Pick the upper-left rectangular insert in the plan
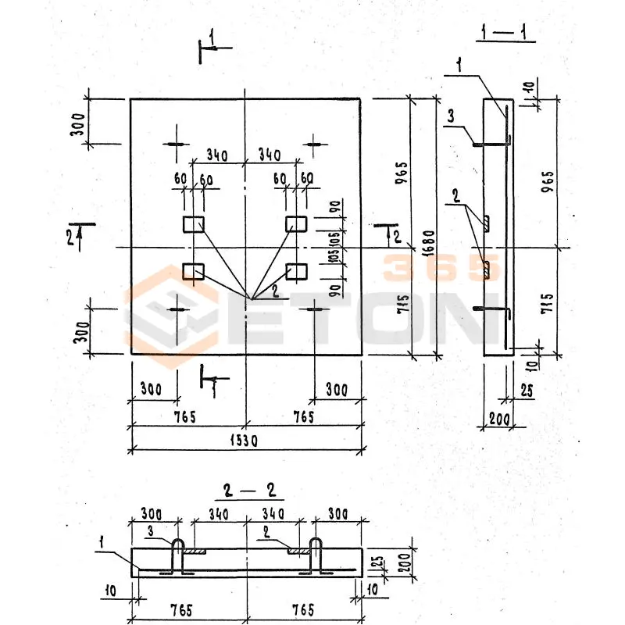pyautogui.click(x=193, y=225)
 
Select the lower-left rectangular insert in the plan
pyautogui.click(x=193, y=271)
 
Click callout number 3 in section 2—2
pyautogui.click(x=151, y=531)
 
